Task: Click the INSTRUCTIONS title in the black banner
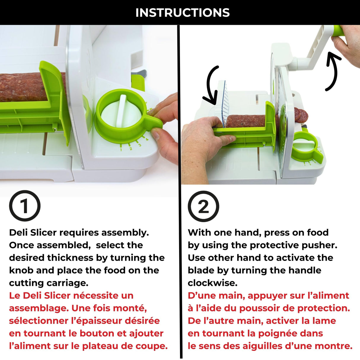[182, 13]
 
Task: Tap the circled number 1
[25, 206]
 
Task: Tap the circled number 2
[203, 206]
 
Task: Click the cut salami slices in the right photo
[301, 116]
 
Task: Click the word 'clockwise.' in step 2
[212, 283]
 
